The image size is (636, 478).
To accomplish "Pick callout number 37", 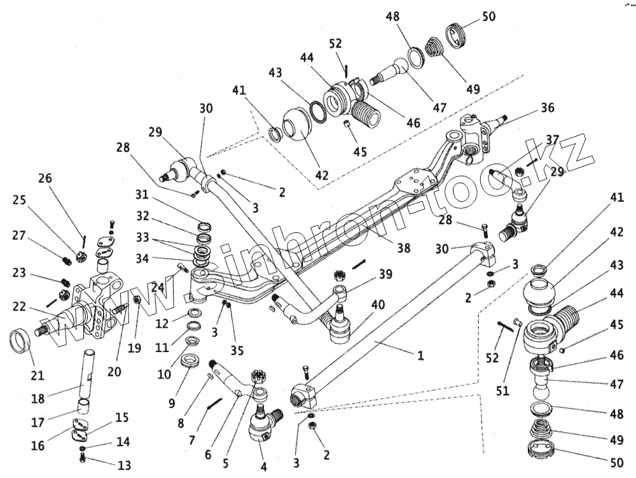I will tap(552, 139).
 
